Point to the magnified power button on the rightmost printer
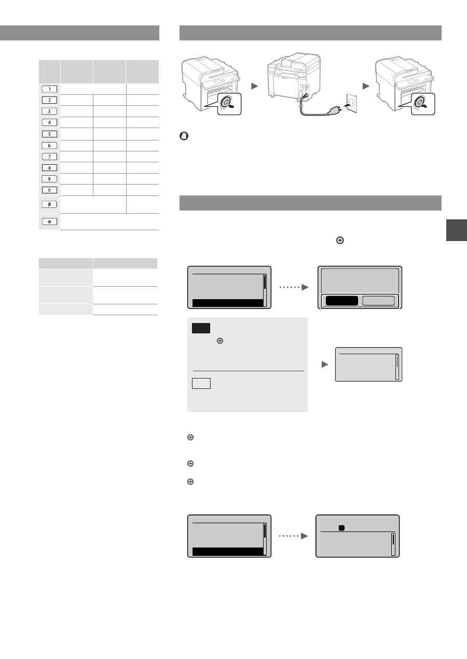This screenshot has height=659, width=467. coord(420,102)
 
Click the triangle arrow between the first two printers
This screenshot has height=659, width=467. coord(254,87)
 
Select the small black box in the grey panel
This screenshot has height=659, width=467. coord(201,328)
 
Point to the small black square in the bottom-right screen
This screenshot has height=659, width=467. coord(341,528)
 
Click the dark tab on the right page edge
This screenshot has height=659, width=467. coord(456,230)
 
